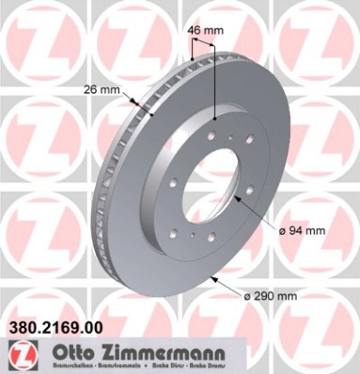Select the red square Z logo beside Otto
(x=16, y=353)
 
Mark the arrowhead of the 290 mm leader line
(x=216, y=278)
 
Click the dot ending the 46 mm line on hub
(x=215, y=119)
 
